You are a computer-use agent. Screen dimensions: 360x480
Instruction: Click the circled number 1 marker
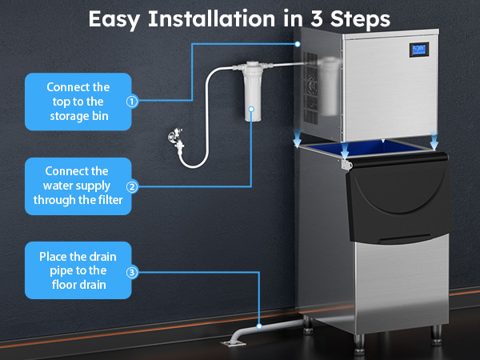133,102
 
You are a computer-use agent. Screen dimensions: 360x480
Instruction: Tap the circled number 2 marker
133,186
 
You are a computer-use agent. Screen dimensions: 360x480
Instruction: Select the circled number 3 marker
133,272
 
